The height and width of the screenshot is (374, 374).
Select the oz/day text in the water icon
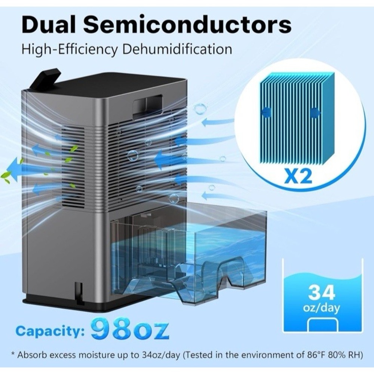click(x=321, y=308)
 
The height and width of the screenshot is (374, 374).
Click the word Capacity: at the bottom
click(x=50, y=331)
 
